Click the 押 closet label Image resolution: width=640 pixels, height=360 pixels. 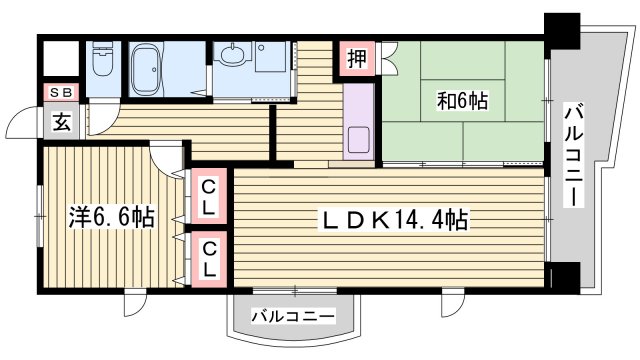pos(357,59)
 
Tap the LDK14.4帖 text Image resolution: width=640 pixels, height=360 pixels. pos(395,218)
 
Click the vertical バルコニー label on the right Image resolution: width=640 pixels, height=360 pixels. pos(574,155)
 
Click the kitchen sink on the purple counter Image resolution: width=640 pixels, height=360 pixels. pos(357,140)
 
